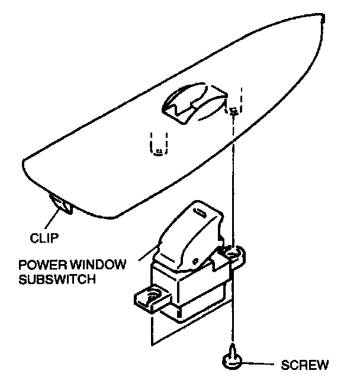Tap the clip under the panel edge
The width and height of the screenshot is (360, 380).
61,203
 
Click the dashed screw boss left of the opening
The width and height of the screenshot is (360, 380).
158,145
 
